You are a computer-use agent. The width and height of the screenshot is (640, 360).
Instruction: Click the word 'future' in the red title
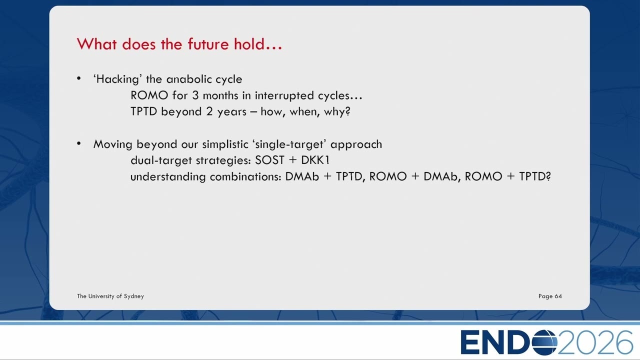tap(208, 44)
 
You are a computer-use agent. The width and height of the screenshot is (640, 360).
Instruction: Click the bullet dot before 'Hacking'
tap(79, 78)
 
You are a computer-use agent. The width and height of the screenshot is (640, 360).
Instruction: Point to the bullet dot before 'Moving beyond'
tap(79, 143)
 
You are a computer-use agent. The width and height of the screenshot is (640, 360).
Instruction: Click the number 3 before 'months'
tap(195, 95)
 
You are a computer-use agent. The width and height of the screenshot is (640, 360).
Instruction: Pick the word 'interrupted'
tap(284, 95)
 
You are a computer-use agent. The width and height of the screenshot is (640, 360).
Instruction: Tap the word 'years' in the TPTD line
tap(231, 111)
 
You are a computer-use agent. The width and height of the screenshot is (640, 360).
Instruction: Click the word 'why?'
tap(337, 111)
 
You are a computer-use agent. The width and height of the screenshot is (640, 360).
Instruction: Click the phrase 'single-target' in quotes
tap(289, 144)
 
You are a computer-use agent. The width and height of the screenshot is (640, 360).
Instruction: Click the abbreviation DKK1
tap(315, 160)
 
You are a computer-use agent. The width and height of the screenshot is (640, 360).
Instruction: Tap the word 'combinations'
tap(245, 176)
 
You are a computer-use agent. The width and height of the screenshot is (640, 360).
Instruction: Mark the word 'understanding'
tap(168, 176)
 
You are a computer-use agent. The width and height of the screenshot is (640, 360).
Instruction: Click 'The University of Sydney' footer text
tap(110, 296)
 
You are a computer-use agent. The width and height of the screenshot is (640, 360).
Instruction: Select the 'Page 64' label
tap(550, 296)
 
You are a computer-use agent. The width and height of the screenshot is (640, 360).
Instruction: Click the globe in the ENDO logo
tap(544, 342)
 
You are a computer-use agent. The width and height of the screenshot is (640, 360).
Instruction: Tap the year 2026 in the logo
tap(595, 342)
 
